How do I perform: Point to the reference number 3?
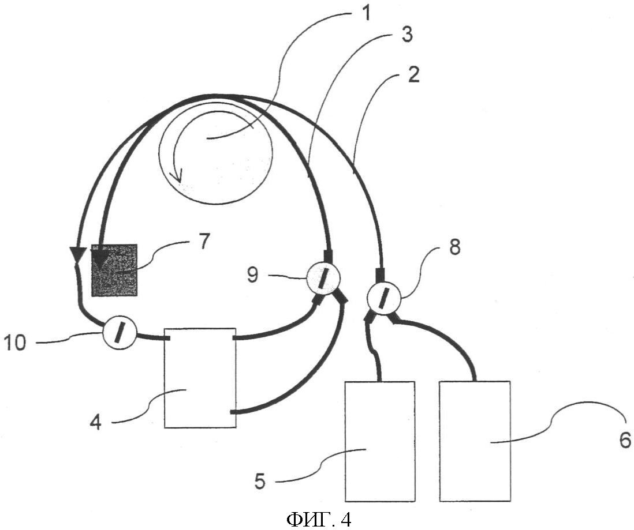406,35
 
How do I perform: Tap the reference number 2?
413,76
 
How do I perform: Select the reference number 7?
203,242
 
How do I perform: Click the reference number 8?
454,247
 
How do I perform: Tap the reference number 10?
15,343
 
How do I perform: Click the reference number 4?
95,422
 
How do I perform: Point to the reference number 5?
260,482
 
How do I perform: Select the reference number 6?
625,440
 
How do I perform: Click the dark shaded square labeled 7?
115,270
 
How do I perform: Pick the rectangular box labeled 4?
200,378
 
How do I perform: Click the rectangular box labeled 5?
380,441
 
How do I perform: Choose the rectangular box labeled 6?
475,441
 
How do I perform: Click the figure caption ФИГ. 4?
319,520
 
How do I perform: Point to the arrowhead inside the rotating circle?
176,177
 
